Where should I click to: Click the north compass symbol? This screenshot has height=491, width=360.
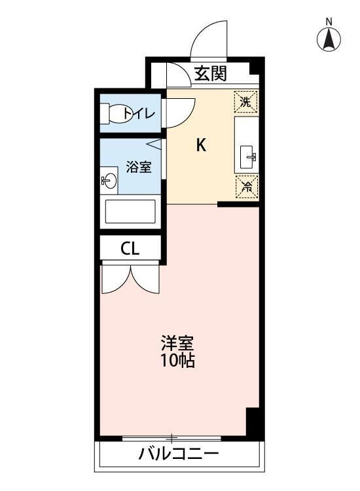click(x=330, y=40)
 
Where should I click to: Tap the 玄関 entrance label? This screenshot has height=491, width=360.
click(x=211, y=74)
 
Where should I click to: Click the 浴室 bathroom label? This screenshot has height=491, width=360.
click(x=138, y=167)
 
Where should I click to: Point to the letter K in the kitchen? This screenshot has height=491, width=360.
click(x=202, y=146)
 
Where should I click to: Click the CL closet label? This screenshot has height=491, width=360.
click(x=130, y=249)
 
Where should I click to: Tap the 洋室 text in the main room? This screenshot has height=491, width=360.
click(x=178, y=343)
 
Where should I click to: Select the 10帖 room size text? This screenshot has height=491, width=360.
click(x=178, y=360)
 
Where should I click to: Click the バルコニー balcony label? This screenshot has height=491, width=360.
click(x=178, y=454)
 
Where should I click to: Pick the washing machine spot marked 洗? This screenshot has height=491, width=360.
click(x=246, y=101)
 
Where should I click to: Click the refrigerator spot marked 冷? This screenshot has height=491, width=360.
click(x=247, y=187)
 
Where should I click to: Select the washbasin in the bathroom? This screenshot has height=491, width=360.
click(x=109, y=181)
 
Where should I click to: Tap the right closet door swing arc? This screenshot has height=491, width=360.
click(x=146, y=278)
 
